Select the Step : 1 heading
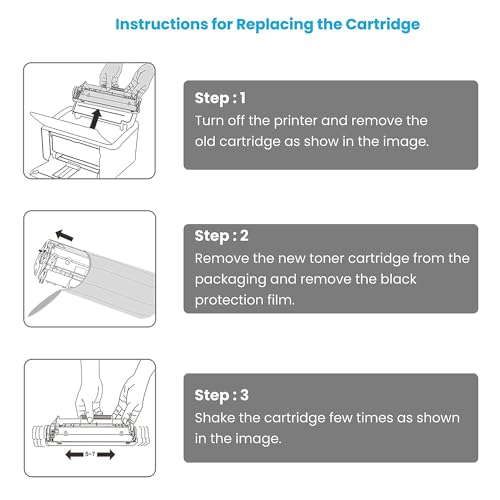pyautogui.click(x=218, y=98)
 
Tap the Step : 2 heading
pyautogui.click(x=219, y=236)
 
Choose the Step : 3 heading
pyautogui.click(x=219, y=394)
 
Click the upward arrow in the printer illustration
pyautogui.click(x=93, y=118)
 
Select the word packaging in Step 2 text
pyautogui.click(x=233, y=278)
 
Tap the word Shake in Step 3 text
pyautogui.click(x=217, y=416)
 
